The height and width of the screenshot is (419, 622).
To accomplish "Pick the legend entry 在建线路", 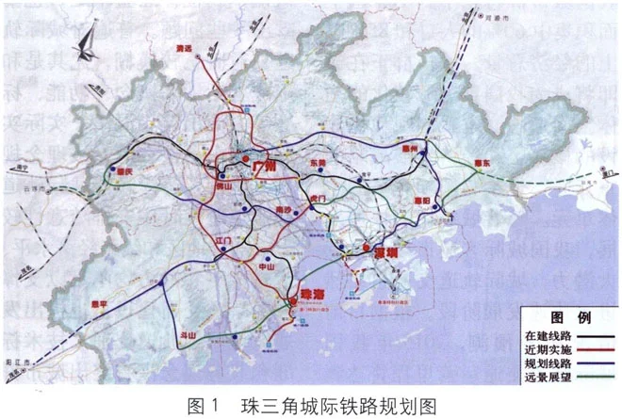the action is tap(548, 334).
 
